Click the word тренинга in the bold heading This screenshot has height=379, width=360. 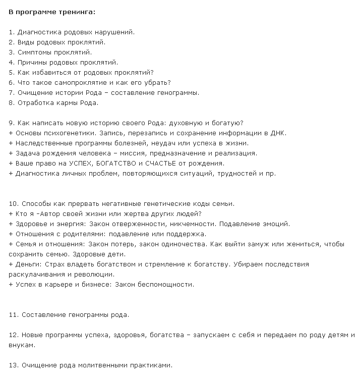pyautogui.click(x=78, y=12)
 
